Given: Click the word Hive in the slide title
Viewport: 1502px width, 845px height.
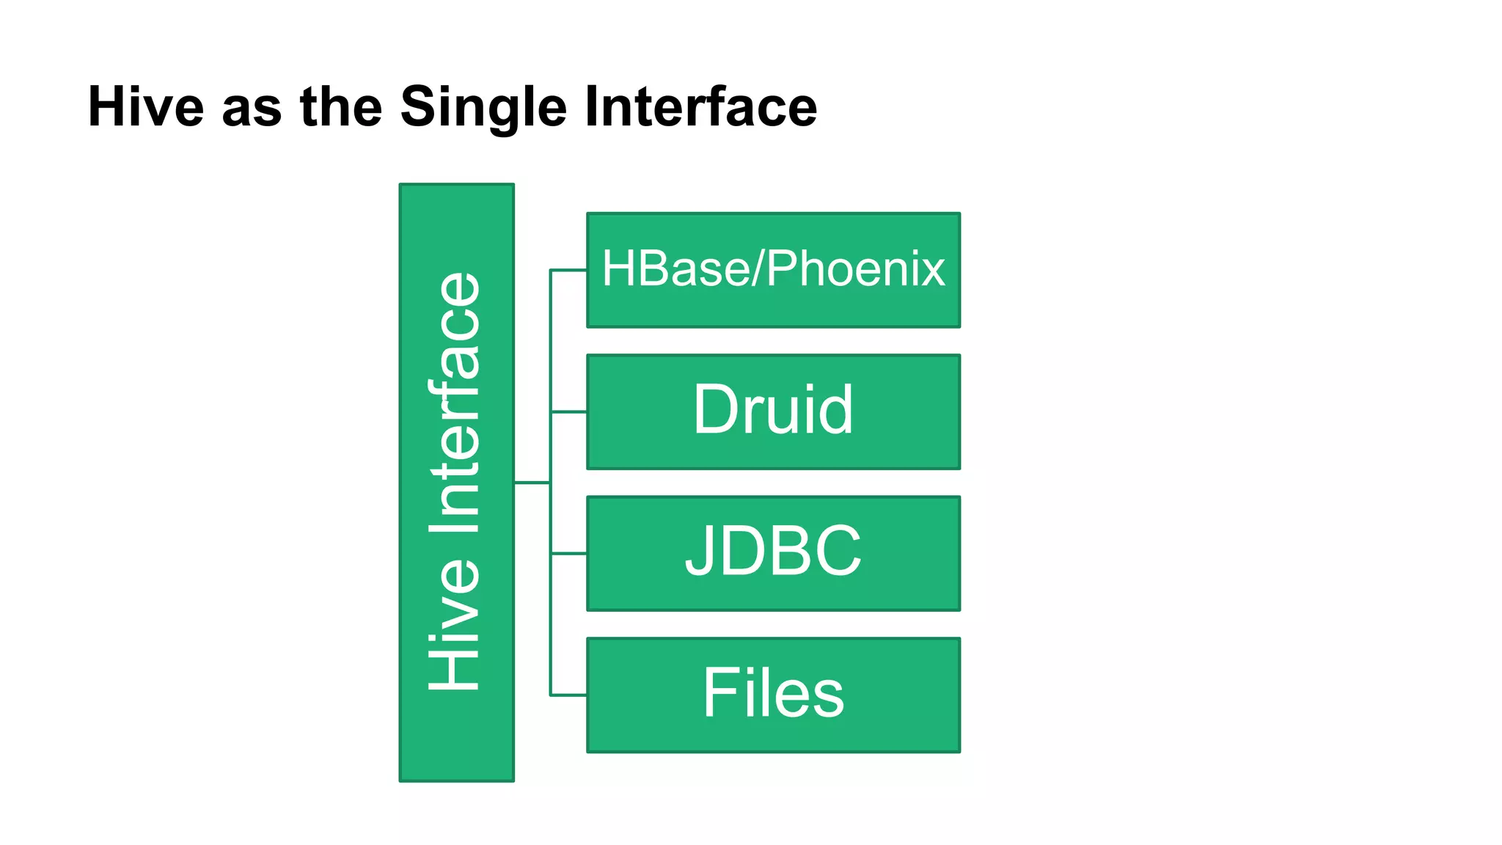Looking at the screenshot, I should pos(145,107).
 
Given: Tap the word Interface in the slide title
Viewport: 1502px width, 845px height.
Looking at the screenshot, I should pos(700,107).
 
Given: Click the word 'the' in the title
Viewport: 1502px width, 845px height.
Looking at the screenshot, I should pos(341,107).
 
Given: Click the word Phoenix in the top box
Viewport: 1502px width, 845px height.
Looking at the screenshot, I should pos(856,268).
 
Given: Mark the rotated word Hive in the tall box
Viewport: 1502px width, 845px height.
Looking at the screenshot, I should pos(455,623).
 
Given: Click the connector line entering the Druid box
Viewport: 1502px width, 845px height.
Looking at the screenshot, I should pos(569,412).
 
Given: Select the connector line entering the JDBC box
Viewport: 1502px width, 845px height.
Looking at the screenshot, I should pos(569,554).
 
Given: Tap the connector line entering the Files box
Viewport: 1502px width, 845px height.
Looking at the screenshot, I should pos(569,695).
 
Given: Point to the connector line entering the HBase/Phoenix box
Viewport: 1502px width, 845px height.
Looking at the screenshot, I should pos(569,271).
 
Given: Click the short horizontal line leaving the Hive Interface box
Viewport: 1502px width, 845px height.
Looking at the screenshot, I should pos(532,483).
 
